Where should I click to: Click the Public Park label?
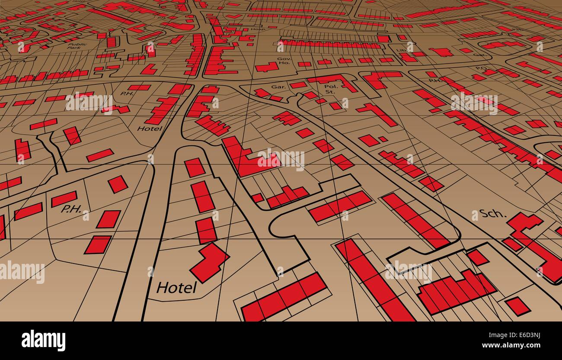77,46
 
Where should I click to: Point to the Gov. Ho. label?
284,60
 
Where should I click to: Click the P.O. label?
480,67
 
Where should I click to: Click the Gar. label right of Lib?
478,55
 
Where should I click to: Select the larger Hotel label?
176,287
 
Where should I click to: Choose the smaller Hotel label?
150,128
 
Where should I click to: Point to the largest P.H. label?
71,209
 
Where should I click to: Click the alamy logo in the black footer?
43,341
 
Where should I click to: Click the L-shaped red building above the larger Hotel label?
210,262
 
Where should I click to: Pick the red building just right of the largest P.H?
108,219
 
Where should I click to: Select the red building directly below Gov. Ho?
267,67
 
